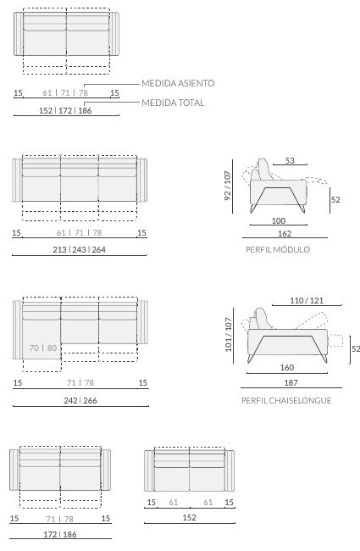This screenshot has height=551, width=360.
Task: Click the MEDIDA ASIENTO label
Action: [x=178, y=83]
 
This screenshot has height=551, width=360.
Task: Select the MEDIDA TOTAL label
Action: [x=173, y=103]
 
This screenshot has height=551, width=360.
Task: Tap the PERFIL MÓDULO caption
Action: [x=278, y=249]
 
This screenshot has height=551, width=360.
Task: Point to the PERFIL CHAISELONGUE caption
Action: [x=286, y=400]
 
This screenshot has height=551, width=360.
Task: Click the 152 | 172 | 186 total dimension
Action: [x=65, y=111]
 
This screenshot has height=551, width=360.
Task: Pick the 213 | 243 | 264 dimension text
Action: [x=79, y=249]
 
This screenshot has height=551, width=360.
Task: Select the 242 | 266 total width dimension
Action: [x=80, y=400]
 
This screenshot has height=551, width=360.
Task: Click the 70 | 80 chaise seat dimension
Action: [x=43, y=348]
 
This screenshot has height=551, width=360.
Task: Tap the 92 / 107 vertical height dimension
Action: [x=228, y=186]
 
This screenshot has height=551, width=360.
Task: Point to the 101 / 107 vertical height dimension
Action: [x=229, y=334]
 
